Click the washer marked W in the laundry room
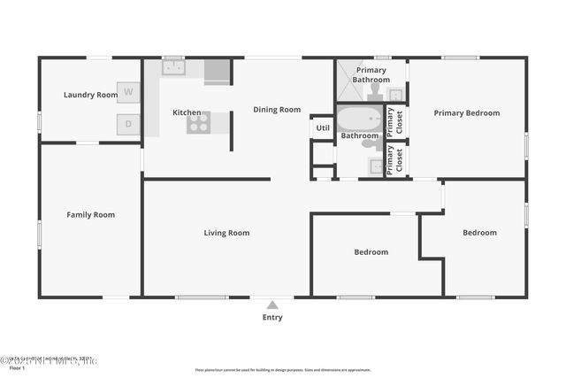129,91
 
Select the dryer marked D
129,124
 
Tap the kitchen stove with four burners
198,123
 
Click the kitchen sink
172,68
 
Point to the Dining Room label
277,110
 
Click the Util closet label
322,128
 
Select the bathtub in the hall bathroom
357,120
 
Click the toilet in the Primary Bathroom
375,91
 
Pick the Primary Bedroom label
466,113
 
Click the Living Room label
226,233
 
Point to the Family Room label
91,214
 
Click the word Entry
272,317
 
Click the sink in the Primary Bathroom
395,94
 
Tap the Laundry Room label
90,95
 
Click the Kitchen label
187,112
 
